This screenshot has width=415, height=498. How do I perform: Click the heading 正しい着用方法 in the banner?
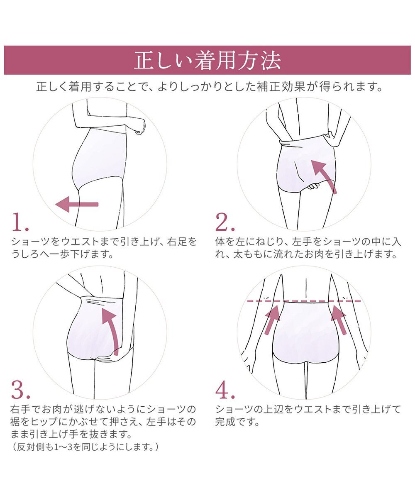click(207, 61)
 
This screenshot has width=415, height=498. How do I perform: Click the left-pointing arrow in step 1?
click(77, 204)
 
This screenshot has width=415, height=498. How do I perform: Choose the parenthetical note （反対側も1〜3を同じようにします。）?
click(85, 447)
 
